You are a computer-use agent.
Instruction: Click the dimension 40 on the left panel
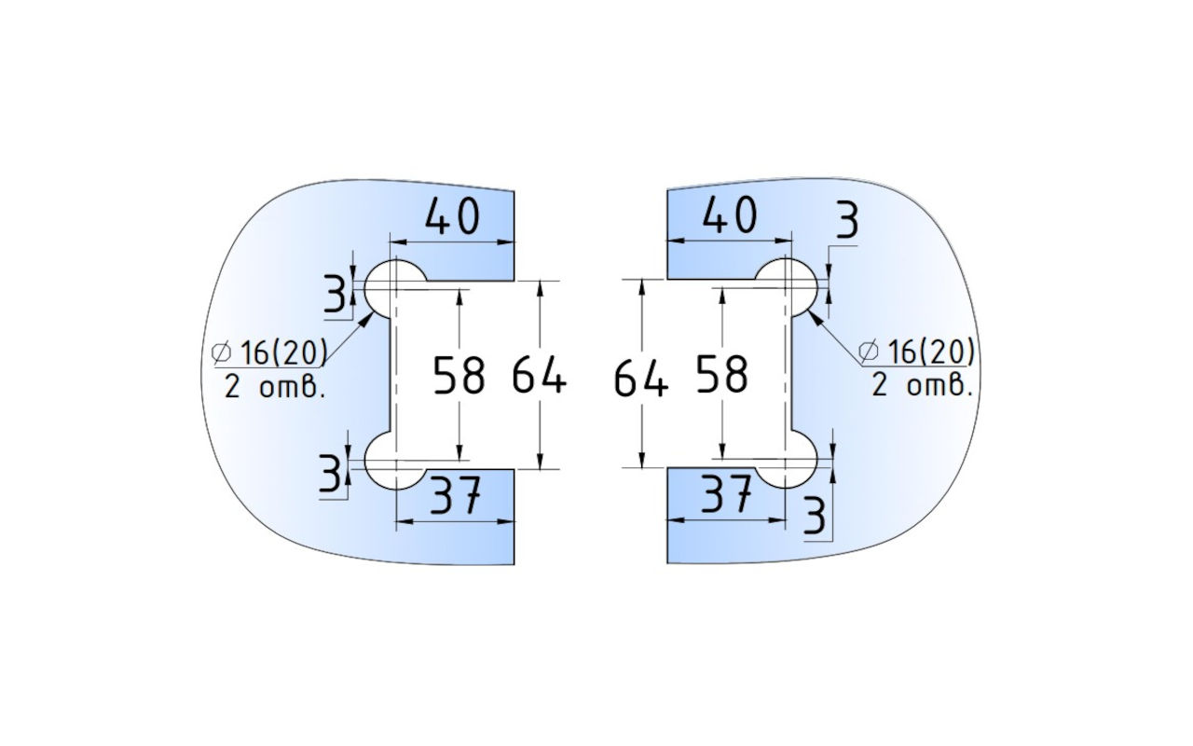coord(453,217)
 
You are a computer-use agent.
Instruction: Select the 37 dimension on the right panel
coord(727,496)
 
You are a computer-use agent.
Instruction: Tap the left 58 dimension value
coord(459,377)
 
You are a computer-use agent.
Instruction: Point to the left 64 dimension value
coord(539,377)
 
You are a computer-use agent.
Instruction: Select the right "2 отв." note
coord(922,386)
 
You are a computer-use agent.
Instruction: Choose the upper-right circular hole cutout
coord(788,287)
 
